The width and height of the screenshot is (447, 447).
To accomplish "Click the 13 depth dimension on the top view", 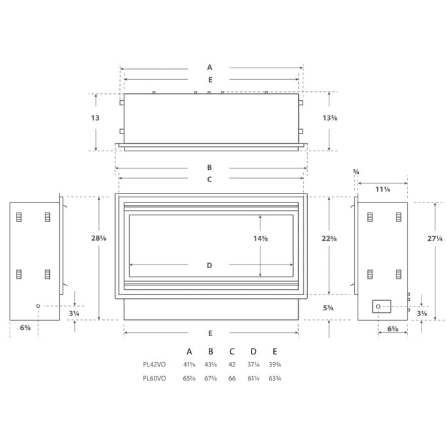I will pos(95,118).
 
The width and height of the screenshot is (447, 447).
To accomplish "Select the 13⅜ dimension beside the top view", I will pos(330,118).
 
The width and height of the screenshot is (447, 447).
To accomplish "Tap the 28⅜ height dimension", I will pos(98,238).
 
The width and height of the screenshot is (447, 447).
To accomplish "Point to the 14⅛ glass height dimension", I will pos(261,238).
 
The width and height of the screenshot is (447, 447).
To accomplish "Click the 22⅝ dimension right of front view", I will pos(329,238).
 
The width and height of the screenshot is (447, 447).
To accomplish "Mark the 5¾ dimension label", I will pos(329,308).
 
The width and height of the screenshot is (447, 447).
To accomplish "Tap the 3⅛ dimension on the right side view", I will pos(422,314).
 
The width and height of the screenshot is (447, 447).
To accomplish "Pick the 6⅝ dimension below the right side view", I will pos(393,330).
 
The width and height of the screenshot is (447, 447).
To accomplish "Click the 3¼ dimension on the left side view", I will pos(75,314).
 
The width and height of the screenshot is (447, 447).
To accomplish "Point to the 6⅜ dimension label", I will pos(26,328).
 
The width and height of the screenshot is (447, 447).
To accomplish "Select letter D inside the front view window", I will pos(209,265).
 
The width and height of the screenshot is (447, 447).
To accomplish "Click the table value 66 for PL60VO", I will pos(232,378).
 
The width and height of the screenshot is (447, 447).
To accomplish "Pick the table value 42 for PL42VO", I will pos(232,365).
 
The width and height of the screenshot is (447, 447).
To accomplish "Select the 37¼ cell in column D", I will pos(253,365).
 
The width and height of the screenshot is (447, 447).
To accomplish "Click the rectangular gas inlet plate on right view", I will pos(382,307).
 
